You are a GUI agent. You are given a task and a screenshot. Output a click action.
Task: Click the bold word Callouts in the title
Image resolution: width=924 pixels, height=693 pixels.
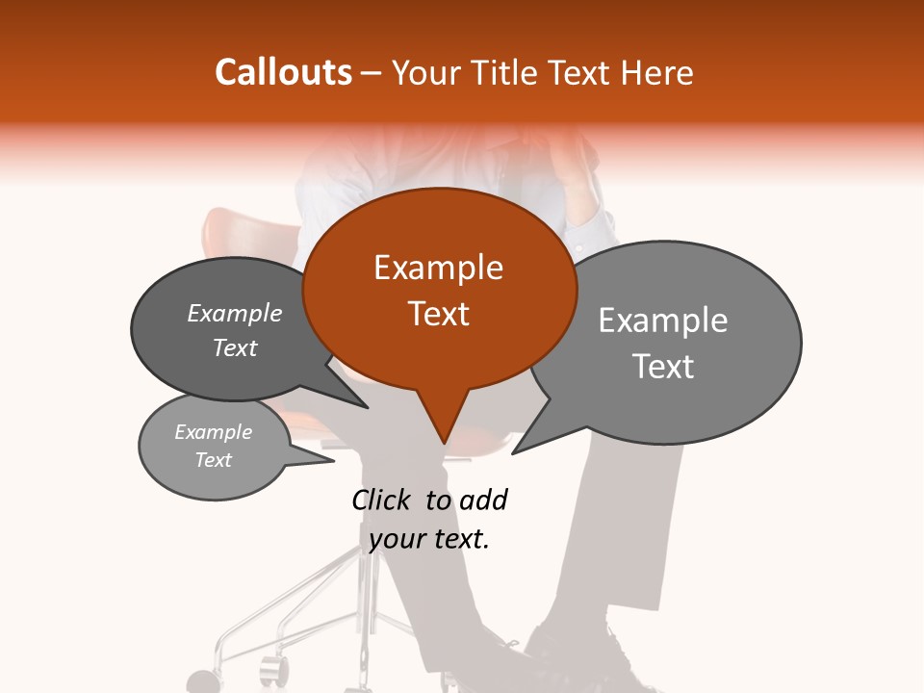click(283, 72)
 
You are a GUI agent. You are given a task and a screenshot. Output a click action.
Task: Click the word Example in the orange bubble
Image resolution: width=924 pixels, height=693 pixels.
click(438, 268)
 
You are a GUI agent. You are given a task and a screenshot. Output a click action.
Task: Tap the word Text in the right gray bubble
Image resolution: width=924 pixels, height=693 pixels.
click(662, 367)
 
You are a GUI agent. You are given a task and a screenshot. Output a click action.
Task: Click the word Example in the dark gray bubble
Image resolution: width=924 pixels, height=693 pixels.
click(234, 313)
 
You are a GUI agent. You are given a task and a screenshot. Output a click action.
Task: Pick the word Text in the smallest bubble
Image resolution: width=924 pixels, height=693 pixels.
click(213, 460)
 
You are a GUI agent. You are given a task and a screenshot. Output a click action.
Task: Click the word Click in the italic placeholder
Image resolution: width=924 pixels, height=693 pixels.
click(383, 500)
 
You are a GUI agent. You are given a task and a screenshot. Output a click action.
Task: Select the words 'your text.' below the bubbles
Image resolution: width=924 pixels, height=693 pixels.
click(428, 539)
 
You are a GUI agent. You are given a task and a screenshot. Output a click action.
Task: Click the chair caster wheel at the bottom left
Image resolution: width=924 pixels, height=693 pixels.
click(203, 682)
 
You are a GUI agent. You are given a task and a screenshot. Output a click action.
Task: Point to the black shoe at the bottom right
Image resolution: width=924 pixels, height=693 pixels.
click(568, 654)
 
